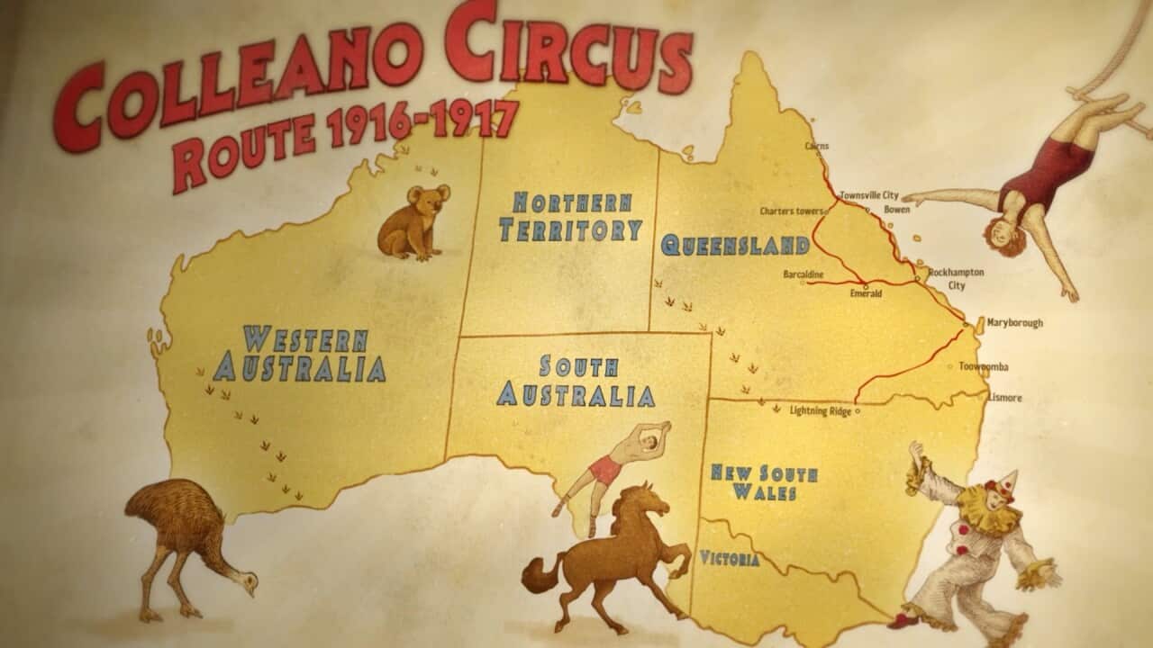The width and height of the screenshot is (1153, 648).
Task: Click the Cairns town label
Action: (x=817, y=146)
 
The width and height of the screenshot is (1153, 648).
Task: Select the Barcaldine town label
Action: (x=803, y=273)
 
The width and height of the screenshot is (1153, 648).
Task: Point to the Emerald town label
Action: (x=866, y=293)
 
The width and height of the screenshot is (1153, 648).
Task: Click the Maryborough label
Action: (x=1014, y=322)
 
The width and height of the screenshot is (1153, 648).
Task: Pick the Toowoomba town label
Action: (x=983, y=367)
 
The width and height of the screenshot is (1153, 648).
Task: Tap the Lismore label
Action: (x=1004, y=398)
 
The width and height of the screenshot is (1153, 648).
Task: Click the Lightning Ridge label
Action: (x=820, y=410)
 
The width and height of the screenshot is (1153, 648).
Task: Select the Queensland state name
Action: (x=735, y=245)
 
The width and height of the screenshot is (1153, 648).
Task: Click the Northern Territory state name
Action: (x=571, y=217)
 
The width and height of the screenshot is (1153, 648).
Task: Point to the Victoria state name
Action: (x=730, y=559)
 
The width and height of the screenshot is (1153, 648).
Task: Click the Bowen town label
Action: (x=896, y=210)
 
